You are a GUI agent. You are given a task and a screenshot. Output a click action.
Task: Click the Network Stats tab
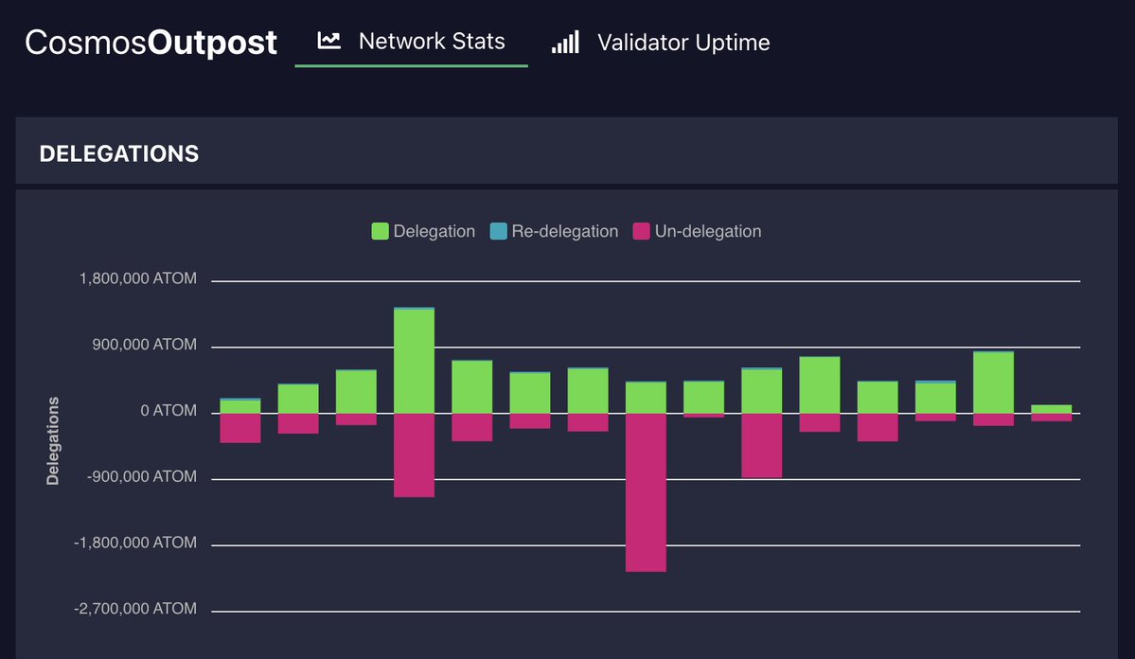(431, 42)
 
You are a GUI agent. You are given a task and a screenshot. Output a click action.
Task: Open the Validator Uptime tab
(683, 43)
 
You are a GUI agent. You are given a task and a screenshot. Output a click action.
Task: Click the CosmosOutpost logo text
(151, 43)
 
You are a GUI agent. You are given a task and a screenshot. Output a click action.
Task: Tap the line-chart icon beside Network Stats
(328, 41)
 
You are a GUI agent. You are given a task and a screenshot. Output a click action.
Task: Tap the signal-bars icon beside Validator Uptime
(565, 43)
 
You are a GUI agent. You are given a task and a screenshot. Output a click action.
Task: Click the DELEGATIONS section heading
(119, 153)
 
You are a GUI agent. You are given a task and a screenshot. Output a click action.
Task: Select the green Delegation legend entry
(423, 231)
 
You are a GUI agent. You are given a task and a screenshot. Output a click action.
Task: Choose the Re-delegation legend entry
(554, 231)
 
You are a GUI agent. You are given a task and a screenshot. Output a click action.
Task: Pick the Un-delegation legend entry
(697, 231)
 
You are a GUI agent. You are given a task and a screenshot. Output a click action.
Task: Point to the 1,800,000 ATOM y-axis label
(138, 279)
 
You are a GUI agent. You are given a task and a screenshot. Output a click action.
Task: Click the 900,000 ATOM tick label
(145, 346)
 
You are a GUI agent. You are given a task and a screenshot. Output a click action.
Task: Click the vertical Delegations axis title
(53, 441)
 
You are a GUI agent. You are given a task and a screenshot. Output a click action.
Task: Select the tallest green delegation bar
(414, 361)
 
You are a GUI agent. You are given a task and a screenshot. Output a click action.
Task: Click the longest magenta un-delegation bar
(646, 491)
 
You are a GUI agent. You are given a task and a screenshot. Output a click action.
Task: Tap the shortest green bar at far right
(1051, 409)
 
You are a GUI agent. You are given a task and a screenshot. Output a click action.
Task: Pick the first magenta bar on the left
(240, 428)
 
